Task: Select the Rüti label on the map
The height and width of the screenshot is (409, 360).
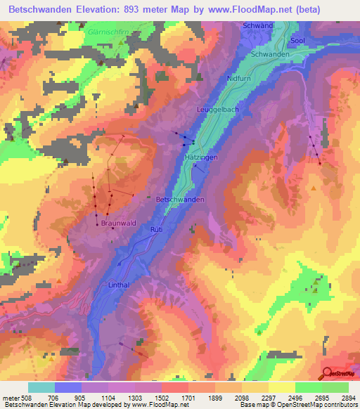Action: coord(156,230)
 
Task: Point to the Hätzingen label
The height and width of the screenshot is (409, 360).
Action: coord(200,158)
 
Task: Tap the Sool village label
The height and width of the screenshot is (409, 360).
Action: coord(297,42)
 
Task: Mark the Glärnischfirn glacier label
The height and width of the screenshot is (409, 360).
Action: coord(120,32)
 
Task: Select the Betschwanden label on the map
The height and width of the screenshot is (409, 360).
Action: coord(180,200)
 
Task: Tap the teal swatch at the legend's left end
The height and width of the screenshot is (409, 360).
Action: coord(41,387)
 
